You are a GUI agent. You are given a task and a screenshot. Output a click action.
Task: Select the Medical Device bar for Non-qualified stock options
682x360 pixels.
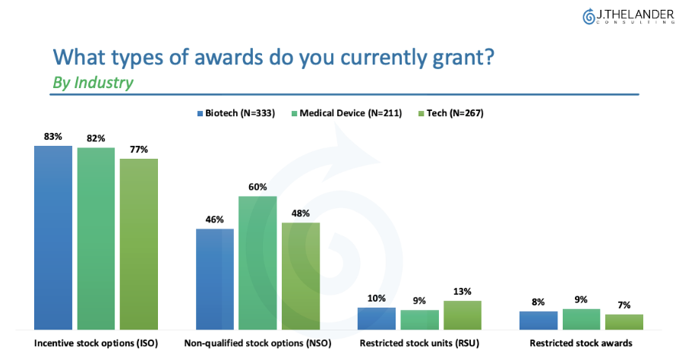257,263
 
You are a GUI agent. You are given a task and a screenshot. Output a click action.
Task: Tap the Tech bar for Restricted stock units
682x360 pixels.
463,315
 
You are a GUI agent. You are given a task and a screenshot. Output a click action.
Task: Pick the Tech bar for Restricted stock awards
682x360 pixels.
624,322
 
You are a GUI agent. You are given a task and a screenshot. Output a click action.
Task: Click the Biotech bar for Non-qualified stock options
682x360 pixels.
215,279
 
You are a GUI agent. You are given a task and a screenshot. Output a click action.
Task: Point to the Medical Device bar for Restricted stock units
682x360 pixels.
420,320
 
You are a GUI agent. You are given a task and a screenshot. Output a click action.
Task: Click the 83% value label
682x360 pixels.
53,137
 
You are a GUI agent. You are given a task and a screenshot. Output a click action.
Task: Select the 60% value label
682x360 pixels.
257,188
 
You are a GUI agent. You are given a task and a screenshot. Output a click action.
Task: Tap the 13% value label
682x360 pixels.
463,292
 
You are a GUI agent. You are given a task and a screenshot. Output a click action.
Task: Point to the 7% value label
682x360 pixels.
624,305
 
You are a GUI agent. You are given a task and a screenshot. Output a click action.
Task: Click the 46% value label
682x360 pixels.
215,219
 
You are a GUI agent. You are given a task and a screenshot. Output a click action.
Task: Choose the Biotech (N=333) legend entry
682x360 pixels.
238,113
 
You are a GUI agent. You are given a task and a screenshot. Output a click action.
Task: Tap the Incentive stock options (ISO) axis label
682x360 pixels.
96,343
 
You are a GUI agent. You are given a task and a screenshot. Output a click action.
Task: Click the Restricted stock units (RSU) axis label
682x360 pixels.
419,343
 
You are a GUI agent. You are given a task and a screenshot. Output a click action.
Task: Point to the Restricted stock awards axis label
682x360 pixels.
581,343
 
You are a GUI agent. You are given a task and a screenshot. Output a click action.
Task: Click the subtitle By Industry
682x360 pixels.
92,83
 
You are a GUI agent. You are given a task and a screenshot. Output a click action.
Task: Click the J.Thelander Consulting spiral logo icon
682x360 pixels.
589,16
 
